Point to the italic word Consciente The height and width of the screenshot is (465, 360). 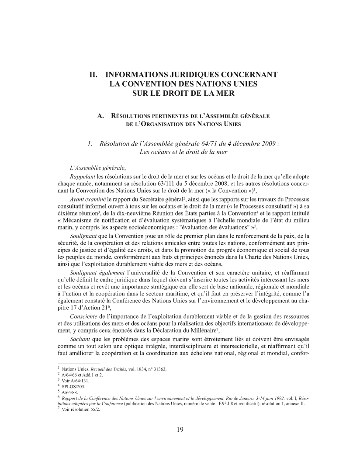(84, 315)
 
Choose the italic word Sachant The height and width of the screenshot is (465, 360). (80, 339)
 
